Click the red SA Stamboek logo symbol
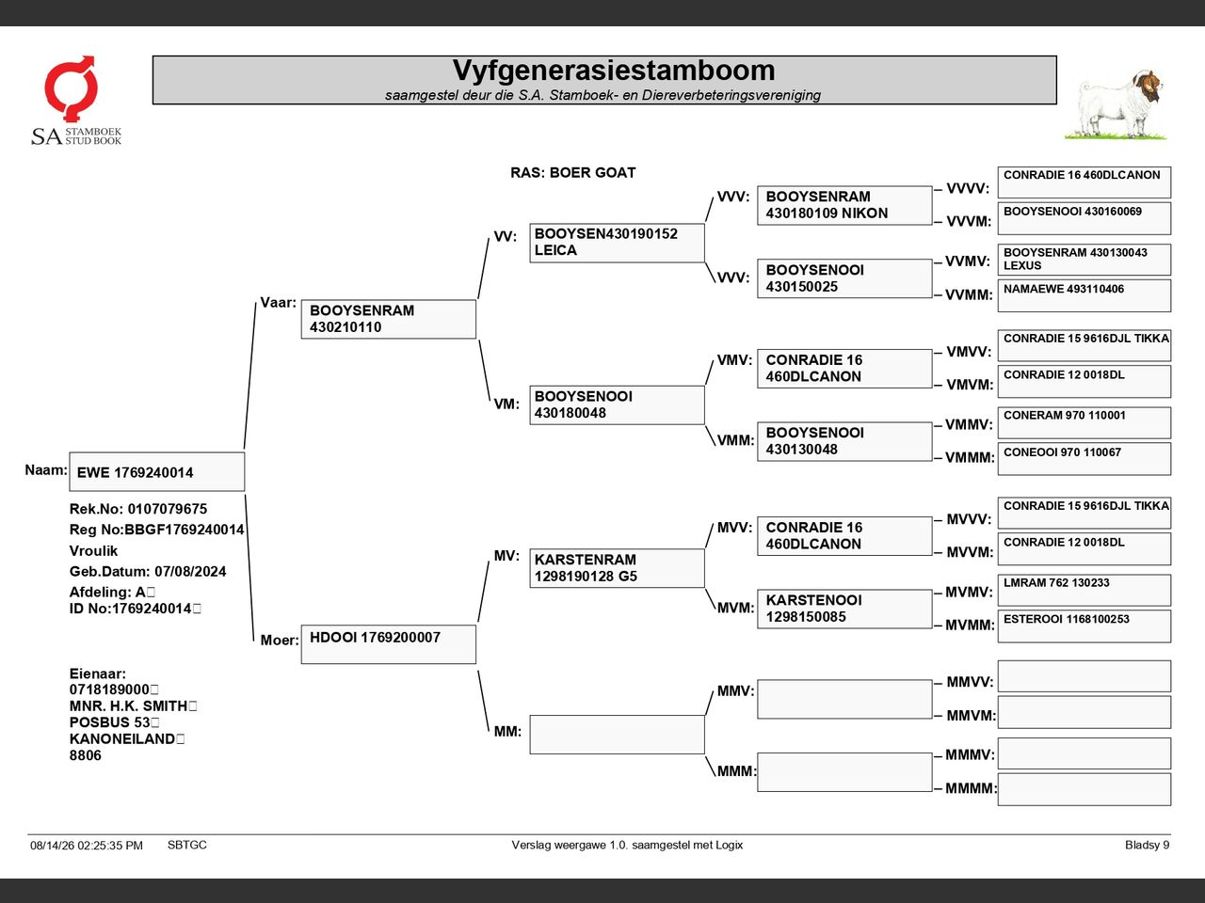[71, 87]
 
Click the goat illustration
[1117, 104]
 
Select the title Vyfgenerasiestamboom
[614, 71]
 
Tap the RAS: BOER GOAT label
[572, 173]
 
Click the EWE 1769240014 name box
[157, 471]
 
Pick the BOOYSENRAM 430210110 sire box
[389, 319]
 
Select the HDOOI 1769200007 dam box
[389, 644]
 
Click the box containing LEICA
[617, 243]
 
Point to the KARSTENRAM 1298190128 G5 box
[617, 568]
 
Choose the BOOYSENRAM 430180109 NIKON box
[844, 206]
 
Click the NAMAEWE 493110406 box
[1084, 296]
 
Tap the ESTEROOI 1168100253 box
[1084, 626]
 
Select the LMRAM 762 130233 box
[1084, 590]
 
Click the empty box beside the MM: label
[617, 735]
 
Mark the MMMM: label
[971, 788]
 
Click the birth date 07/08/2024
[190, 571]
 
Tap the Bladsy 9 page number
[1147, 845]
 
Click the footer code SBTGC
[187, 845]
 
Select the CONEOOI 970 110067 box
[1084, 459]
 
